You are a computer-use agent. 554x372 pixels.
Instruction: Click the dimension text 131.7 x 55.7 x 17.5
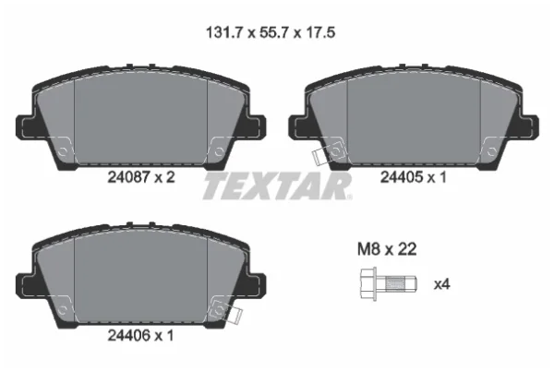click(271, 33)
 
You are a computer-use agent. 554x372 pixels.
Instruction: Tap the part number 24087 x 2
click(141, 177)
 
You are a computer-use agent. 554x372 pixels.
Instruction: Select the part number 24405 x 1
click(414, 177)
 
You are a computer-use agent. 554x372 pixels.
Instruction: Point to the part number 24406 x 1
click(140, 336)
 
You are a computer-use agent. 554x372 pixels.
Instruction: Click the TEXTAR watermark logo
click(277, 186)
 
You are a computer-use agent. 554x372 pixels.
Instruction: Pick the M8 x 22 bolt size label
click(387, 249)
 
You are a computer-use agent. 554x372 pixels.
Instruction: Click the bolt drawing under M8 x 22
click(389, 284)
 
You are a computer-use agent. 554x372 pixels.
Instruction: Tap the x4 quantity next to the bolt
click(441, 284)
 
